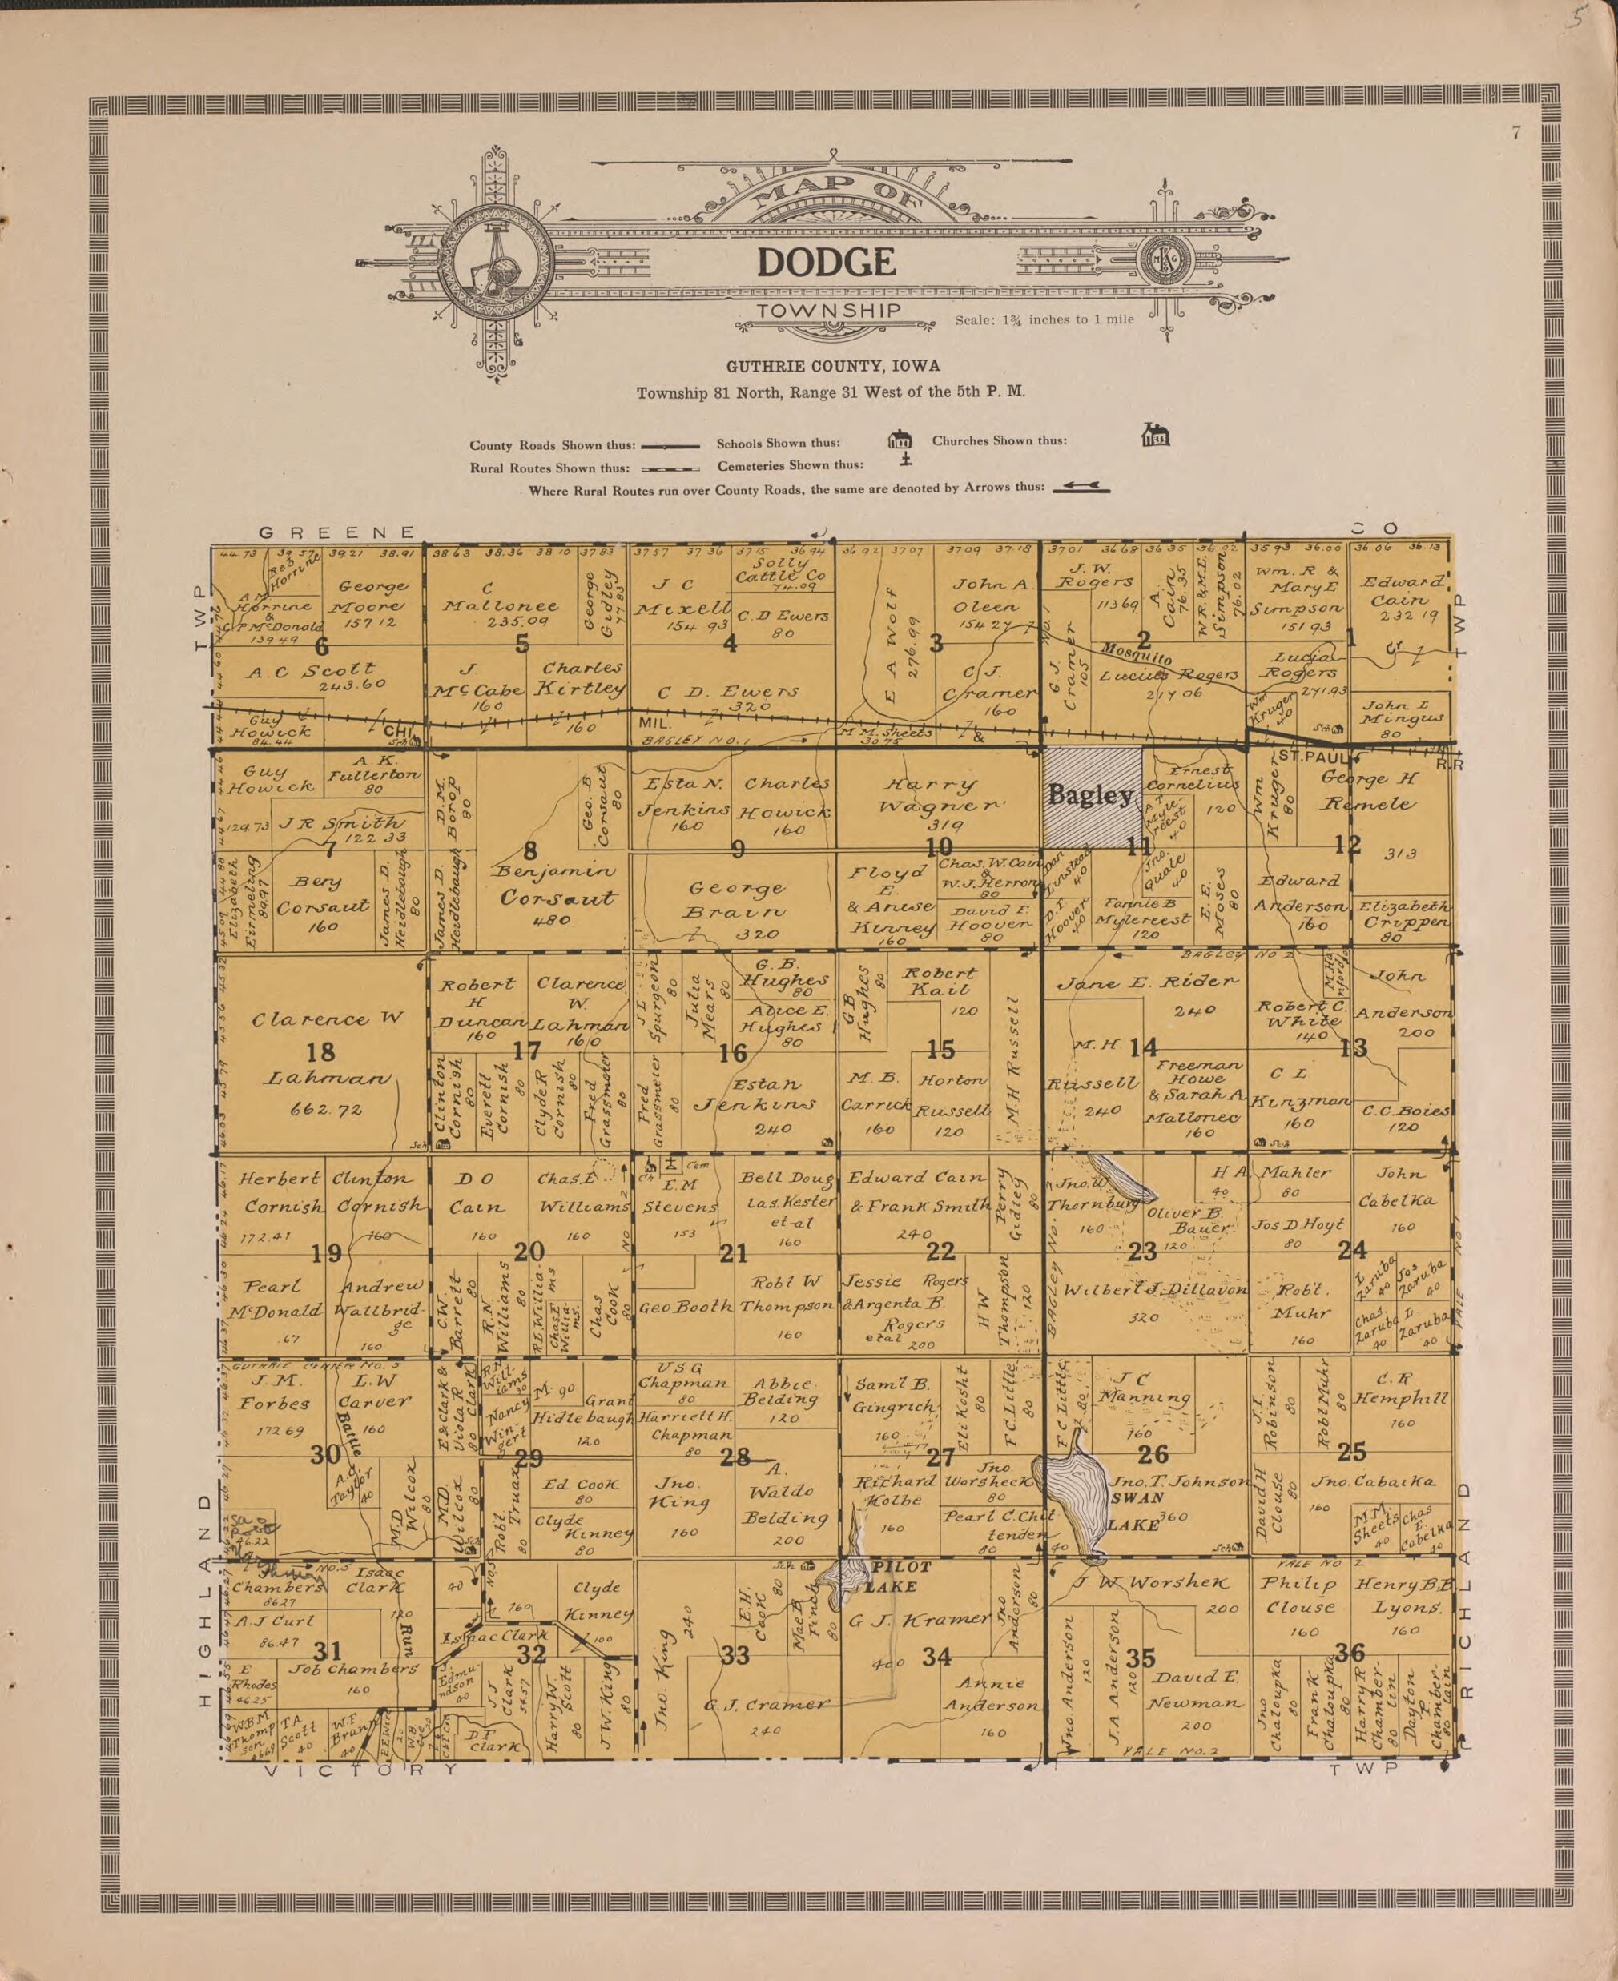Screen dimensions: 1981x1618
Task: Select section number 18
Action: tap(320, 1052)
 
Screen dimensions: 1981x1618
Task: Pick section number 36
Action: tap(1349, 1653)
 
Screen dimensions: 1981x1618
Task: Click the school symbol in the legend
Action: tap(899, 439)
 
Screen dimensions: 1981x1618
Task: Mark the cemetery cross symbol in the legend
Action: tap(905, 461)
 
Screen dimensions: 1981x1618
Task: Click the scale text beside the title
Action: tap(1044, 319)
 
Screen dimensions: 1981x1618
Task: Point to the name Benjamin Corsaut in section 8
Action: tap(557, 886)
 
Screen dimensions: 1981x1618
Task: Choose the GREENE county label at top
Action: tap(336, 533)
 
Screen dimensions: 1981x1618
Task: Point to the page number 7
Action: tap(1515, 133)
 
